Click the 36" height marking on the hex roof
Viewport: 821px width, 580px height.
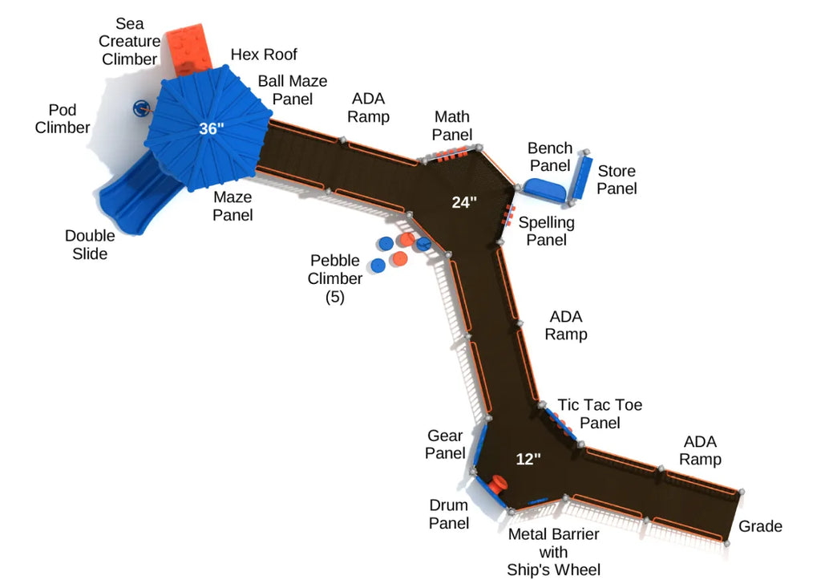[x=212, y=128]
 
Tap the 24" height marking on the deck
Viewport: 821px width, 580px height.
[x=464, y=202]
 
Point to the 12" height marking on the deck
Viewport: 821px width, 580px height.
[x=528, y=459]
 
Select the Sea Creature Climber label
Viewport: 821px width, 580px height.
[x=129, y=42]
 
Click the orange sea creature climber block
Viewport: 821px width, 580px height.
[x=189, y=51]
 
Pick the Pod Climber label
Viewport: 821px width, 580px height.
[x=63, y=118]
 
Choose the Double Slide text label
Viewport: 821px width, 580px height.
[x=90, y=245]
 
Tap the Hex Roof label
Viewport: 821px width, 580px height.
[x=264, y=55]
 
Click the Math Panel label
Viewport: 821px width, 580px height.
[x=452, y=126]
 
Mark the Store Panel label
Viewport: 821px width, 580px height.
[x=617, y=180]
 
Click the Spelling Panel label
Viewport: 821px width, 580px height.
[x=546, y=231]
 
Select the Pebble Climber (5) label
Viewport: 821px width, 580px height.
[x=335, y=278]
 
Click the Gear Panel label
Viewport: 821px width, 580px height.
[x=445, y=444]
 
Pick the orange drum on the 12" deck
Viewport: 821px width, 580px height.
[x=498, y=485]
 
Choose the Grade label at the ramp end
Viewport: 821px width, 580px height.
[x=760, y=526]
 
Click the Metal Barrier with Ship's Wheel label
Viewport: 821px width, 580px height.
[x=553, y=552]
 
